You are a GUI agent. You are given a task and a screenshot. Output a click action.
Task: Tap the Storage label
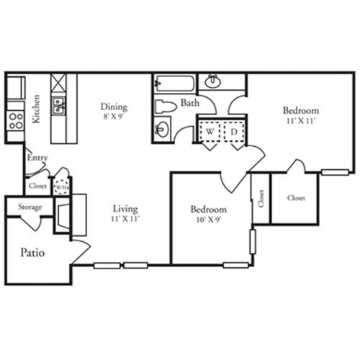30,207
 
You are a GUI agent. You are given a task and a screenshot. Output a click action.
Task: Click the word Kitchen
36,109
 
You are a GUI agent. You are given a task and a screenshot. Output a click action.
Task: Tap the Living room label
125,208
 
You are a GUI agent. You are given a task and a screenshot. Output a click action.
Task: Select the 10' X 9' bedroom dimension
208,220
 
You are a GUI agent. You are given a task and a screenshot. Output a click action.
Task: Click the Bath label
190,103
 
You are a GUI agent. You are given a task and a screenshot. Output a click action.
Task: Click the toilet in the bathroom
166,107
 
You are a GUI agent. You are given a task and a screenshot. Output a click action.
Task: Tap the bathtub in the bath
174,83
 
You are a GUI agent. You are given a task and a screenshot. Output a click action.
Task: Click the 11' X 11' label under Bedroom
300,121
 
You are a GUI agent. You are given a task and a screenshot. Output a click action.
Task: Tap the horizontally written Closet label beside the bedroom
296,197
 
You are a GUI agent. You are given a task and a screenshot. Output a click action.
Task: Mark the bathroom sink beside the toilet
163,130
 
